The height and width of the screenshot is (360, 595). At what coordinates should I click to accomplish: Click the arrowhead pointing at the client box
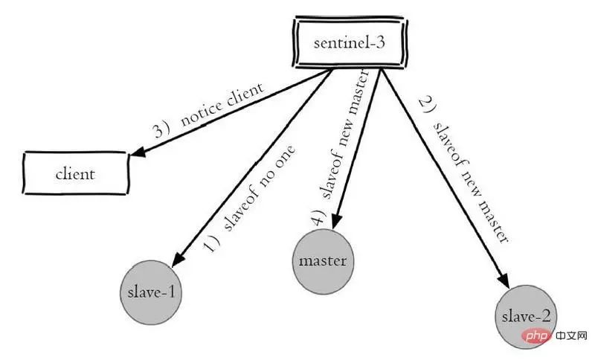(x=138, y=151)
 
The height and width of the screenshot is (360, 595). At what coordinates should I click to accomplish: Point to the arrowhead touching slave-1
(x=178, y=260)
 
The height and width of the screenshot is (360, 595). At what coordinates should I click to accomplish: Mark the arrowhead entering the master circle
(x=336, y=221)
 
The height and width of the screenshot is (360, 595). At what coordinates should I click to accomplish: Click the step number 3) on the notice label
(x=162, y=129)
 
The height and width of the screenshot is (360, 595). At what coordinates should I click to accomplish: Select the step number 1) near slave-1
(x=213, y=242)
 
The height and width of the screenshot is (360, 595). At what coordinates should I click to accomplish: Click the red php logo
(x=534, y=335)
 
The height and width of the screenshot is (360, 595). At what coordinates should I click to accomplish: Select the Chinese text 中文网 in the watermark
(x=571, y=335)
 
